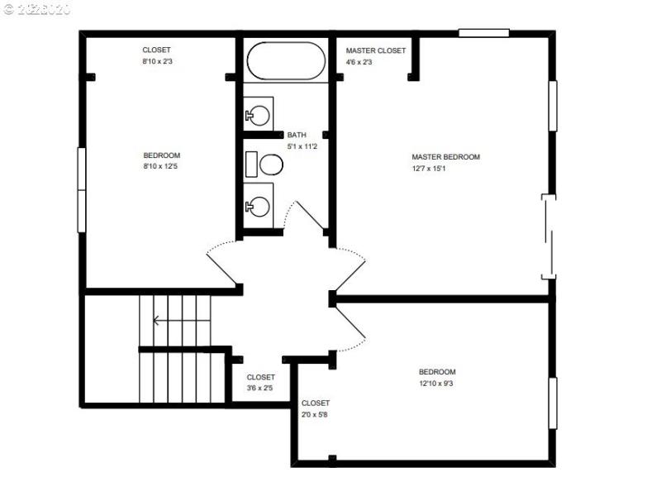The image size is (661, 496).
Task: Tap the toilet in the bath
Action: (266, 165)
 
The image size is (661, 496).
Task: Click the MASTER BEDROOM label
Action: (445, 157)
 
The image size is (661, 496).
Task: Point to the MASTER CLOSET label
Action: (376, 50)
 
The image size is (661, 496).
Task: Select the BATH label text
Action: (297, 135)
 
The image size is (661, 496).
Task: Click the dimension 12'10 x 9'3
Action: (436, 384)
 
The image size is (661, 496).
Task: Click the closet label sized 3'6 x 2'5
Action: (260, 377)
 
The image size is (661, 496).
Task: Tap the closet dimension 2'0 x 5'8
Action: (315, 415)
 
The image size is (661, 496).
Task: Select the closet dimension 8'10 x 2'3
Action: (157, 61)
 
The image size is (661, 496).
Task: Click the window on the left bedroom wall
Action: (82, 190)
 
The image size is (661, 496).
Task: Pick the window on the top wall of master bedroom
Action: (483, 33)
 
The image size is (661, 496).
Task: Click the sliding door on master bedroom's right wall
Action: (548, 236)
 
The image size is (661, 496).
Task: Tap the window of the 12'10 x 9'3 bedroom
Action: (553, 403)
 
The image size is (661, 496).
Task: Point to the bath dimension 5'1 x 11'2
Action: (302, 146)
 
